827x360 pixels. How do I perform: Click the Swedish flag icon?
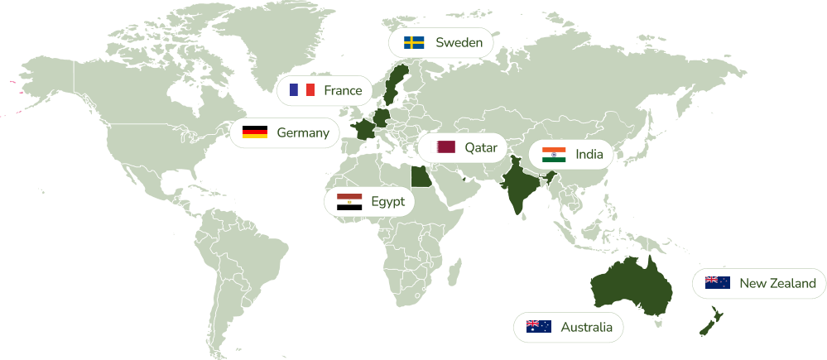tap(414, 42)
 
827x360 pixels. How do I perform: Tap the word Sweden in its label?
tap(459, 42)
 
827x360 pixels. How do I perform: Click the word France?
tap(343, 90)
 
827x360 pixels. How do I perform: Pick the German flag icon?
tap(254, 132)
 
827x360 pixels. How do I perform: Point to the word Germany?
tap(302, 132)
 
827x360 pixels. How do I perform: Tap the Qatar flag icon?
tap(446, 147)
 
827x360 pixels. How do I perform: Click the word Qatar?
tap(480, 147)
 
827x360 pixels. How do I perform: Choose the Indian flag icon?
tap(554, 154)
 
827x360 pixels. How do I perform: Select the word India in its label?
tap(589, 154)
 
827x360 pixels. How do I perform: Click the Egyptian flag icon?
tap(349, 201)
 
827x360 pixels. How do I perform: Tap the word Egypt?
tap(387, 201)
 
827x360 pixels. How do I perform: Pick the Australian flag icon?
tap(538, 327)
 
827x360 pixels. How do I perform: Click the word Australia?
tap(586, 327)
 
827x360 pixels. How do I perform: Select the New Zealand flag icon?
tap(718, 283)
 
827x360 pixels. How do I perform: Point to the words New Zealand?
tap(777, 283)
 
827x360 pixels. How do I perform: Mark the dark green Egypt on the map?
tap(421, 175)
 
